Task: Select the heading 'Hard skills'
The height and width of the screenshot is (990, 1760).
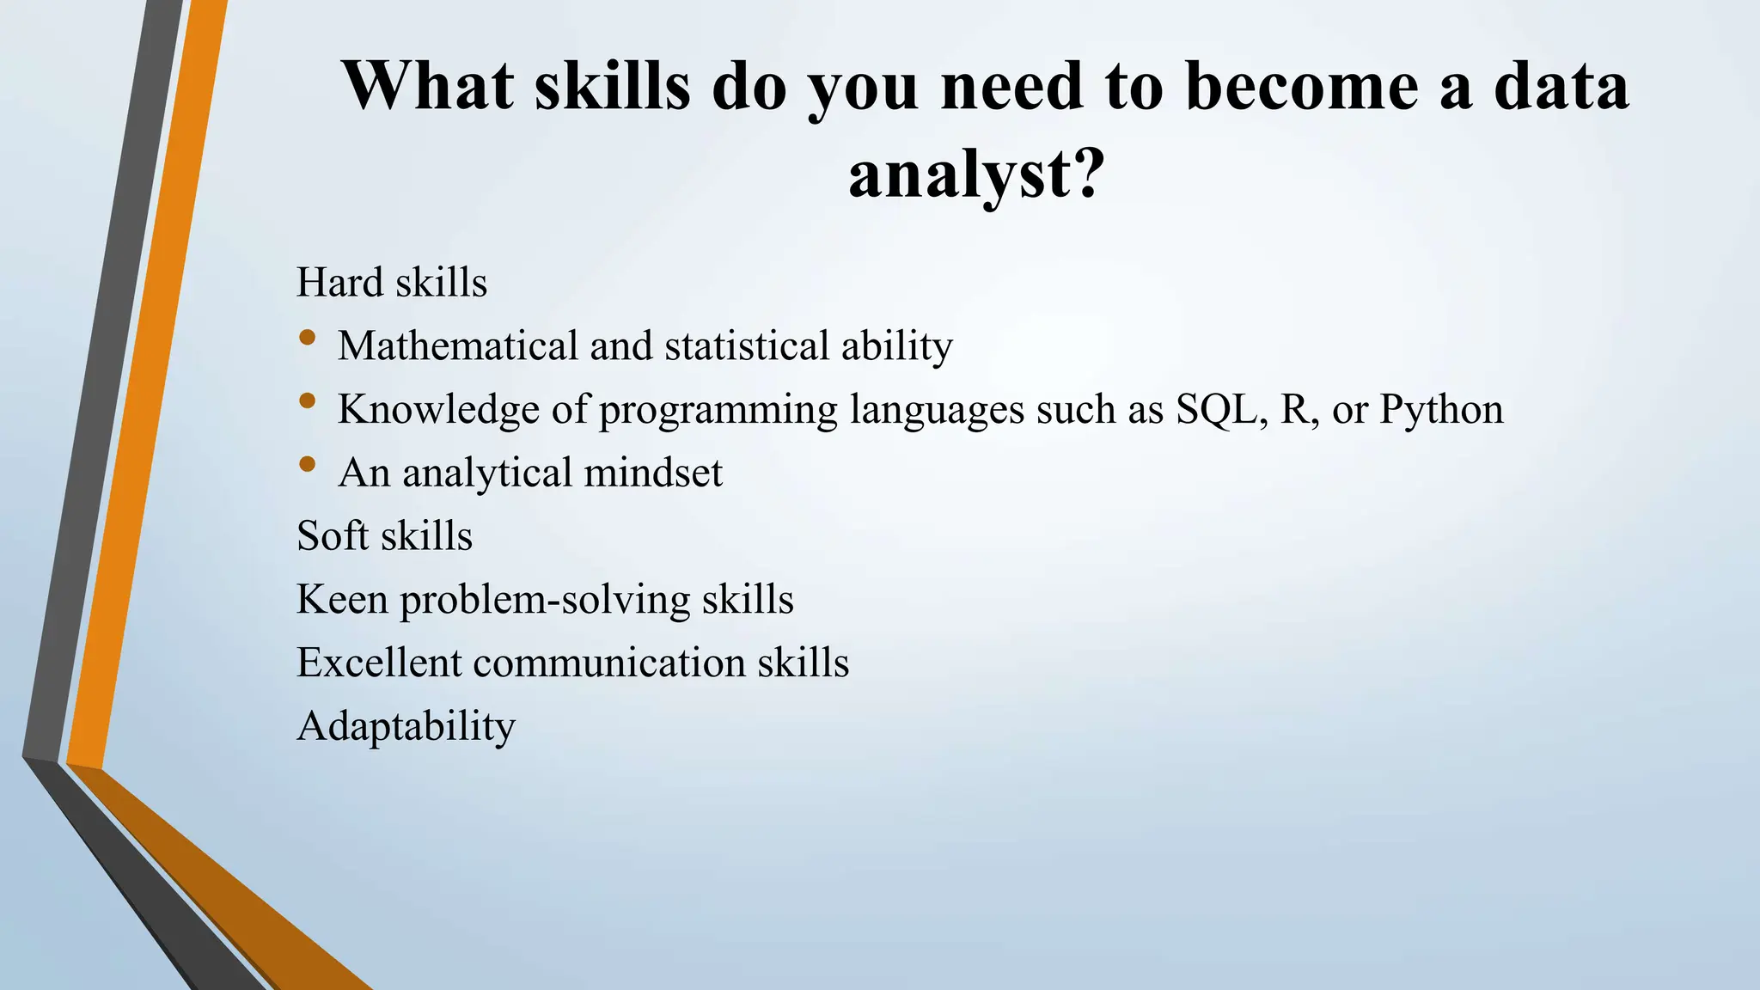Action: point(392,283)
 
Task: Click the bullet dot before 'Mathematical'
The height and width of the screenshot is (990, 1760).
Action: point(308,339)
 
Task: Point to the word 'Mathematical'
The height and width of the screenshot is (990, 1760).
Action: point(458,346)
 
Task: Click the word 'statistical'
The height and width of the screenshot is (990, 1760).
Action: point(747,346)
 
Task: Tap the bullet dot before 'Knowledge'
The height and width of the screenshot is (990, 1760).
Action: point(308,401)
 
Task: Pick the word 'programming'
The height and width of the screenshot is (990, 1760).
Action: point(718,411)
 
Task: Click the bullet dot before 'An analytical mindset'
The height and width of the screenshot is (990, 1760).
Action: point(308,465)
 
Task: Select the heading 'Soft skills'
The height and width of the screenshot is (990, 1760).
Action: point(384,536)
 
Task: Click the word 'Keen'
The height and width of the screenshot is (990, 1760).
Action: point(342,599)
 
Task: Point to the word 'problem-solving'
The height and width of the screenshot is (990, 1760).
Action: point(545,600)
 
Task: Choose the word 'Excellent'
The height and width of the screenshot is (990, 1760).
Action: point(379,663)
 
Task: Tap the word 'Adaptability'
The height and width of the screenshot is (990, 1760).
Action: point(406,727)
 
